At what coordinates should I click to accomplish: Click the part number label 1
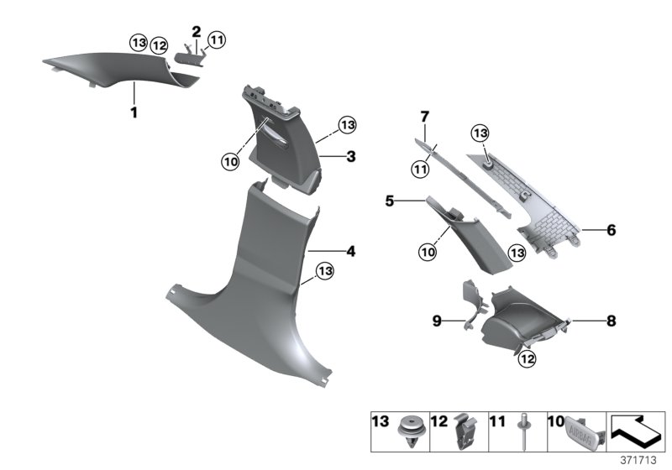click(133, 112)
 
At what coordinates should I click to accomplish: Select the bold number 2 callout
click(196, 32)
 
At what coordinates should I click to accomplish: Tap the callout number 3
click(351, 156)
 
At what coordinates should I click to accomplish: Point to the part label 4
click(351, 250)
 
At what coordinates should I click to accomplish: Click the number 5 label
click(412, 201)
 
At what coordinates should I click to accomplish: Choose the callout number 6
click(611, 229)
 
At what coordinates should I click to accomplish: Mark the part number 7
click(424, 115)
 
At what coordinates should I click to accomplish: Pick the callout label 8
click(611, 320)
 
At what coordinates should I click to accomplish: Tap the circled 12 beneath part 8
click(526, 359)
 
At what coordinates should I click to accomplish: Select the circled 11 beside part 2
click(217, 39)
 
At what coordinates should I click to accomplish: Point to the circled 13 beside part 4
click(325, 270)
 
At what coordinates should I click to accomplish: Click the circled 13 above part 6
click(479, 133)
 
